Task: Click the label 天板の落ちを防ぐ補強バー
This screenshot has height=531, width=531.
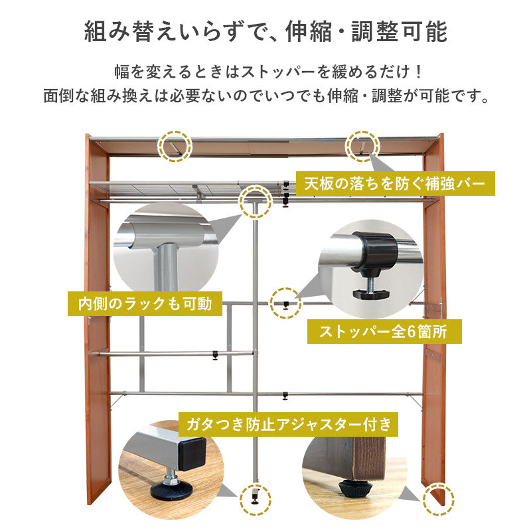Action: coord(395,184)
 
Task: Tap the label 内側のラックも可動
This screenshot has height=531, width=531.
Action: coord(145,304)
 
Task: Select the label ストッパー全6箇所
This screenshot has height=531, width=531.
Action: coord(384,331)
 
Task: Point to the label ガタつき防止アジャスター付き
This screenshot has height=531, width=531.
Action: coord(288,424)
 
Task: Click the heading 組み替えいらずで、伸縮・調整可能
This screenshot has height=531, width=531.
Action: coord(266,31)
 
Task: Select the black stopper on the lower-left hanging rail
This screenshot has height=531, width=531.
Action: coord(215,355)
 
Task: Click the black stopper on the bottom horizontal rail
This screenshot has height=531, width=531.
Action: coord(285,396)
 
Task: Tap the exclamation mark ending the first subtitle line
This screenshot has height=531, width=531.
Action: coord(419,72)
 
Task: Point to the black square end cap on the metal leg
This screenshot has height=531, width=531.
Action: coord(192,454)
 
